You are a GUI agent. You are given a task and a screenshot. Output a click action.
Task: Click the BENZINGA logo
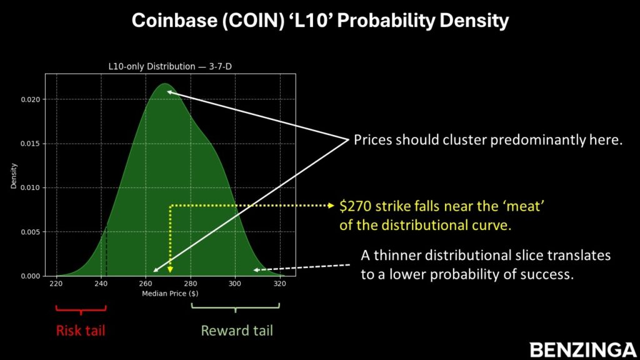point(583,350)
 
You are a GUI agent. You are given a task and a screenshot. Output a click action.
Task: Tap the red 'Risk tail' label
point(81,330)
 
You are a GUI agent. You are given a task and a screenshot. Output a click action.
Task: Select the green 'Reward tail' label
point(237,330)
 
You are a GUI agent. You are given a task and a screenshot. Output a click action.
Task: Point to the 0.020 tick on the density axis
point(31,99)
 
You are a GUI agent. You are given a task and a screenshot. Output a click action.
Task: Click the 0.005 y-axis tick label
point(31,232)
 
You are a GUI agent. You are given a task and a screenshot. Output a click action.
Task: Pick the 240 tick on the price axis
point(101,284)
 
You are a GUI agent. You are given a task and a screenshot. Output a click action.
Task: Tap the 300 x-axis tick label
point(235,284)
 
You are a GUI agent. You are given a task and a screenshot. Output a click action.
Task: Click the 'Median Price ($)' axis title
point(170,294)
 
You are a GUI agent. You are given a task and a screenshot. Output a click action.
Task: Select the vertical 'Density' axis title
point(14,176)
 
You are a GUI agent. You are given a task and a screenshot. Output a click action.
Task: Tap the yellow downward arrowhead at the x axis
point(170,269)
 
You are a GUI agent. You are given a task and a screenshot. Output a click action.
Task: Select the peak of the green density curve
point(164,84)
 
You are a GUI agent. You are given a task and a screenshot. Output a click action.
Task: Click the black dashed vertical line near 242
point(106,251)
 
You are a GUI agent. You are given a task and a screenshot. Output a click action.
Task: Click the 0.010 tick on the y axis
point(31,187)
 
